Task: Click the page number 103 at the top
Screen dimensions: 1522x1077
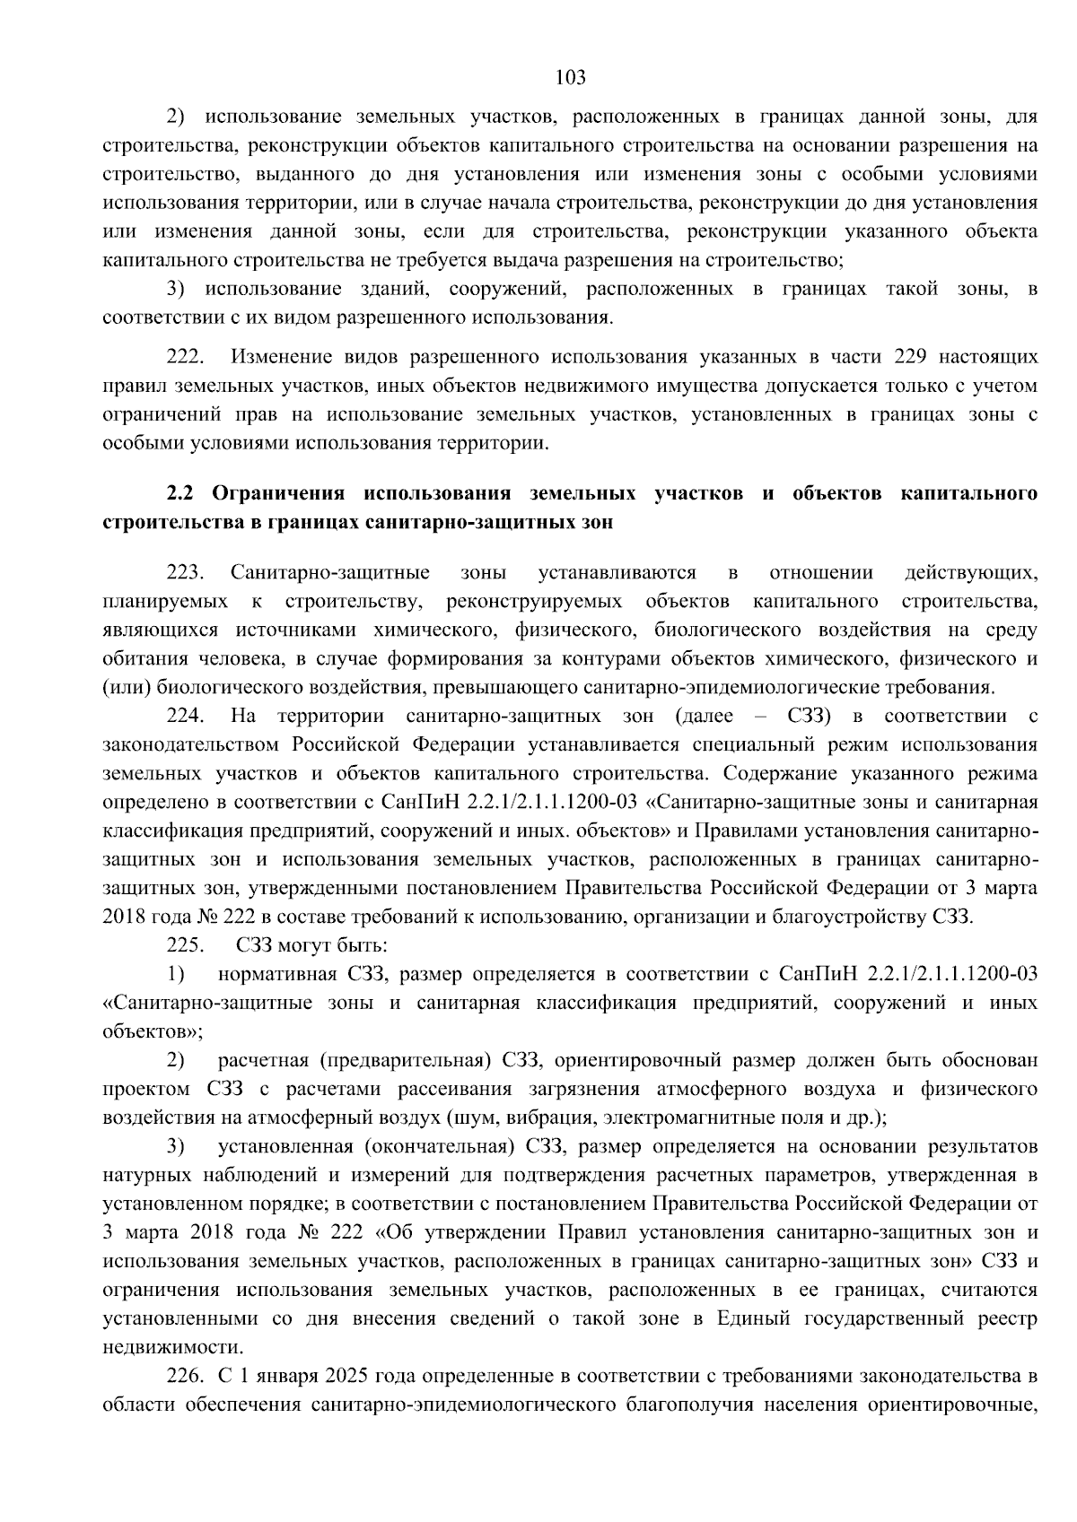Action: click(571, 77)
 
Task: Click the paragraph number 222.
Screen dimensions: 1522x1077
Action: click(186, 357)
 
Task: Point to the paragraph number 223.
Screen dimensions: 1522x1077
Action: click(186, 573)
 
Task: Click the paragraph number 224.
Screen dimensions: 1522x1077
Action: click(186, 717)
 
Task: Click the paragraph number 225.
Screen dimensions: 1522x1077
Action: click(186, 945)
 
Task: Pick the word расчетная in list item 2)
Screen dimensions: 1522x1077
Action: click(260, 1061)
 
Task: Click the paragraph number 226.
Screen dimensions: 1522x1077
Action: click(186, 1376)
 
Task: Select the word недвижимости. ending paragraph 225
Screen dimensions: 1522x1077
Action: click(161, 1347)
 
